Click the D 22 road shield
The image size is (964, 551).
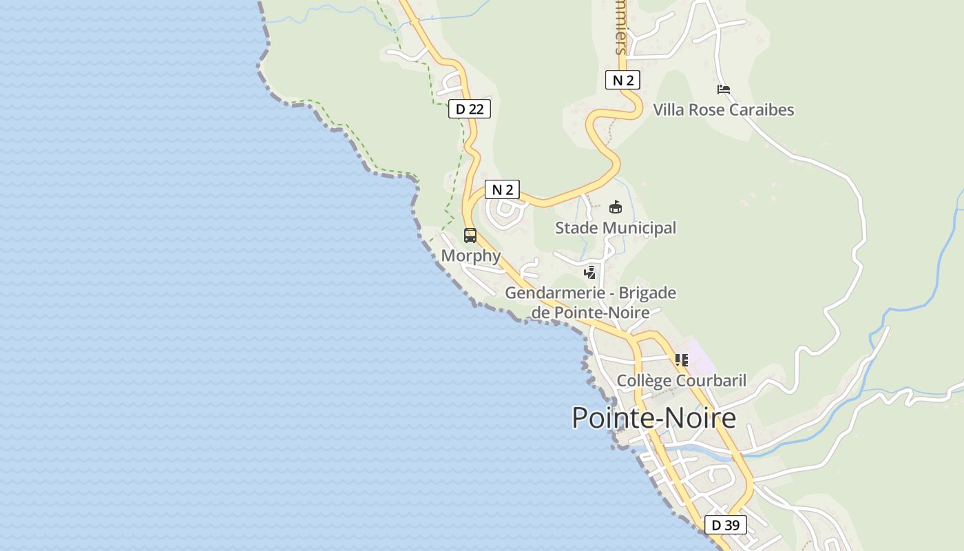pos(470,109)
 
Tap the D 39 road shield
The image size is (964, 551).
pos(725,525)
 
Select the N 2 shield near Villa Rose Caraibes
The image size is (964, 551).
pos(622,80)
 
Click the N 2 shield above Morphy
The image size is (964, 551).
pos(502,189)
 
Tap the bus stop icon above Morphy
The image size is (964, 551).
pos(470,236)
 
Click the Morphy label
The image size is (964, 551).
pos(471,256)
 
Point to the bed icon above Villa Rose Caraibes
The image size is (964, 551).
pos(723,90)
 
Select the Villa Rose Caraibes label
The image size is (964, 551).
pos(723,110)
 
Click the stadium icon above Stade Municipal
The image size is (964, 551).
pos(616,207)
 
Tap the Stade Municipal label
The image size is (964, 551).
pos(616,227)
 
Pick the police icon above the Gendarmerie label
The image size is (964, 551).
pos(589,272)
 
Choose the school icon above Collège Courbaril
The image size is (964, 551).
pos(682,360)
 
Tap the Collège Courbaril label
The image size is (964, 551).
pos(681,380)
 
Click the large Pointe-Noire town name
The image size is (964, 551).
pos(653,417)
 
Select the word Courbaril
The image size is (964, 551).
pos(713,380)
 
